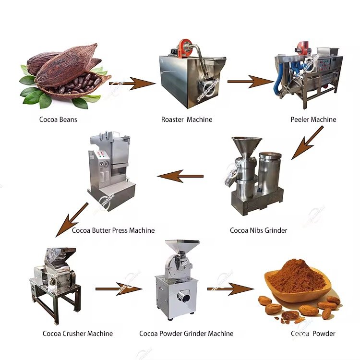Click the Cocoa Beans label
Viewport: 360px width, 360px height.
pyautogui.click(x=58, y=119)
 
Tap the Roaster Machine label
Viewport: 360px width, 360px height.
pyautogui.click(x=187, y=119)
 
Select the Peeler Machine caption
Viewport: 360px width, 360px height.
pyautogui.click(x=313, y=119)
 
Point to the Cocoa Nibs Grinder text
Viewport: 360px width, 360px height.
pyautogui.click(x=258, y=230)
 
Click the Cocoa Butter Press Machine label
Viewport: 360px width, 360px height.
pyautogui.click(x=113, y=230)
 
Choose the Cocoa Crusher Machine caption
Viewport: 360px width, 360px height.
pyautogui.click(x=78, y=333)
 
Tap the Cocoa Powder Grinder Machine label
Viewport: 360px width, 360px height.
pyautogui.click(x=186, y=333)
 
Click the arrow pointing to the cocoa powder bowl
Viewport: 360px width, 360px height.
pyautogui.click(x=230, y=289)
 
